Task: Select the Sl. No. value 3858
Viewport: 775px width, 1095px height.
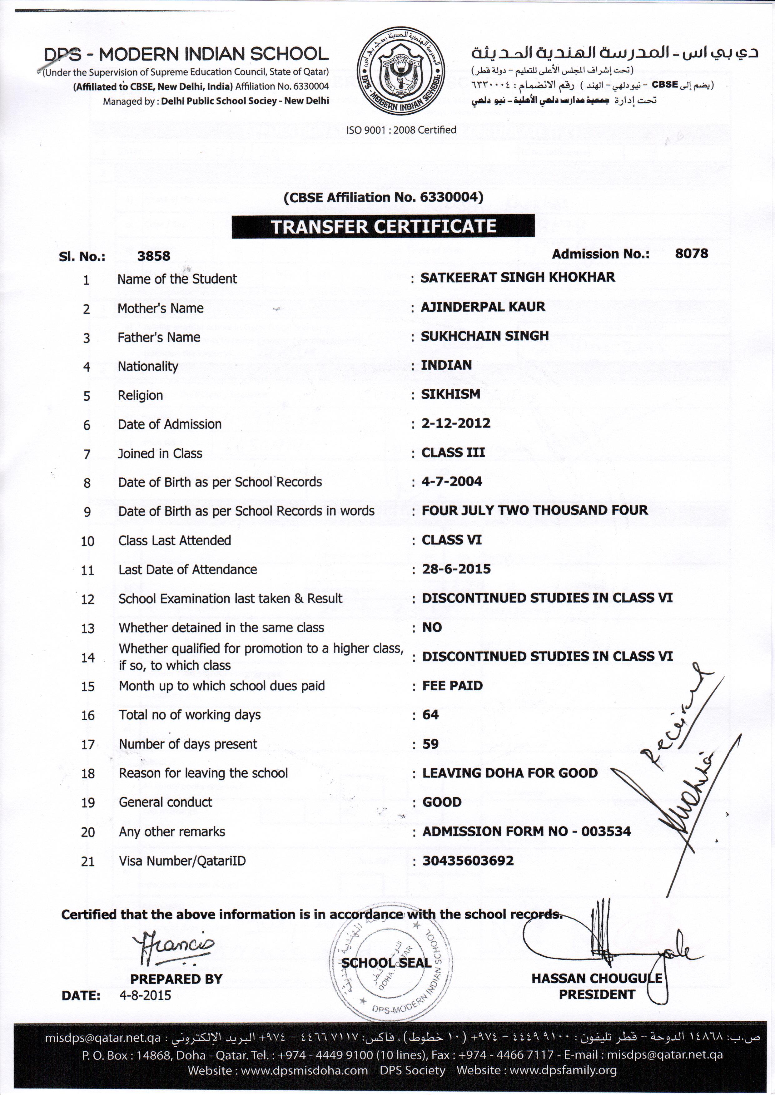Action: point(154,256)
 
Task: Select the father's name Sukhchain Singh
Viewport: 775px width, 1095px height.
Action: point(484,336)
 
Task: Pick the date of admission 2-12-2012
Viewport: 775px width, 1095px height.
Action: point(456,423)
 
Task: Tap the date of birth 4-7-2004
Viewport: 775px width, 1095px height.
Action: point(451,481)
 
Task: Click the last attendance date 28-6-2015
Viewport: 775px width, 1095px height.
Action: point(456,569)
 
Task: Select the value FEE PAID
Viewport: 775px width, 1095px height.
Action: point(452,686)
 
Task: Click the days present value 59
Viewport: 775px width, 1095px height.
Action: point(430,744)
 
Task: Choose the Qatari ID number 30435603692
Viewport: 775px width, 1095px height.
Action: point(468,861)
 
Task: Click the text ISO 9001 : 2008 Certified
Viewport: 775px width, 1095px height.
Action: point(401,130)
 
